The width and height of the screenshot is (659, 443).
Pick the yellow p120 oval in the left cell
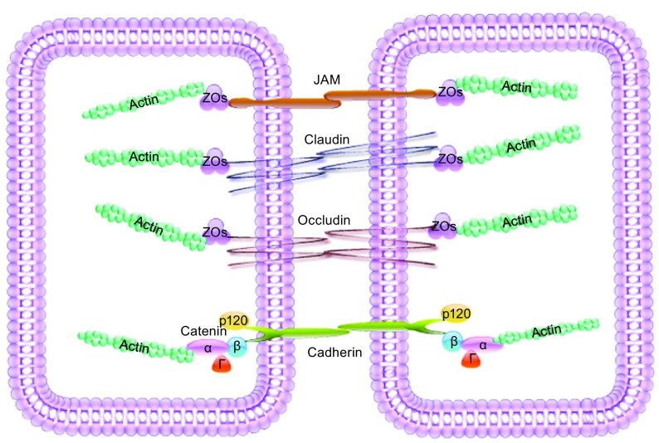pyautogui.click(x=234, y=320)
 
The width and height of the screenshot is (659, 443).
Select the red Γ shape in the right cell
pyautogui.click(x=471, y=360)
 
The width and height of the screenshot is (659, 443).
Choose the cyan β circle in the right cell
pyautogui.click(x=453, y=340)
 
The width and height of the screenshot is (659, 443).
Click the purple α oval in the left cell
pyautogui.click(x=206, y=348)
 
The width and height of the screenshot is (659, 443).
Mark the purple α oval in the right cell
pyautogui.click(x=482, y=343)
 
